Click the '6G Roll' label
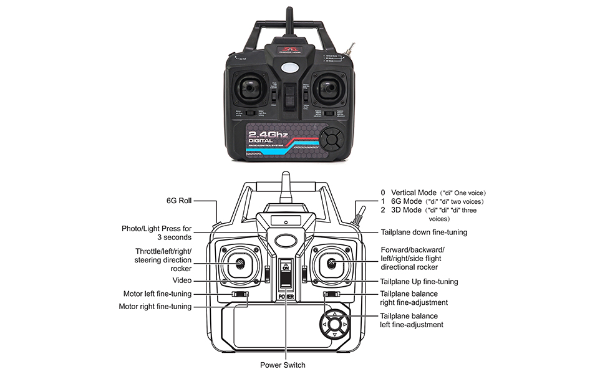click(x=178, y=201)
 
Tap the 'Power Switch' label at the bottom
click(x=283, y=365)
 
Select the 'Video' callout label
click(x=182, y=280)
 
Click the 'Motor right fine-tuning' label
click(x=155, y=306)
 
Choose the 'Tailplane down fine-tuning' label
click(x=423, y=232)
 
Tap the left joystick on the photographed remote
click(x=248, y=89)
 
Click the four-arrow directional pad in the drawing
click(x=335, y=324)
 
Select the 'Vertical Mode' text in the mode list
click(x=414, y=193)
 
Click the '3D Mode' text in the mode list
click(x=406, y=210)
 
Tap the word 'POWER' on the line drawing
click(x=286, y=297)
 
